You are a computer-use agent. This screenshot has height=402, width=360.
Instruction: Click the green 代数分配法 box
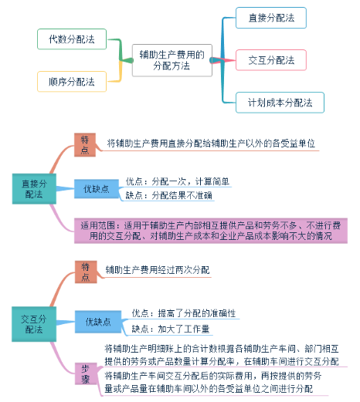click(71, 39)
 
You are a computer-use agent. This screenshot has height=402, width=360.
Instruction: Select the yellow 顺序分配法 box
click(71, 81)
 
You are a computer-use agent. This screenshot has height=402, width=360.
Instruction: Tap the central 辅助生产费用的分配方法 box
click(171, 60)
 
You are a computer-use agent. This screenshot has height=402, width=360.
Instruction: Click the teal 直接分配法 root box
click(33, 189)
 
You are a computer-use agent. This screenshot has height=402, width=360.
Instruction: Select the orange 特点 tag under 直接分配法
click(86, 144)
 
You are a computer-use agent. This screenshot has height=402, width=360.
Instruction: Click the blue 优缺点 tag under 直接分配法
click(97, 188)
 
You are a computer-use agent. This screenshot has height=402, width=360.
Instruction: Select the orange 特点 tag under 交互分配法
click(86, 271)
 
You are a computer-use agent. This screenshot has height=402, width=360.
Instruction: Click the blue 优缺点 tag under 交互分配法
click(97, 321)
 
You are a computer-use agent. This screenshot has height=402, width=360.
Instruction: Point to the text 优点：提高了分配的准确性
click(183, 313)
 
